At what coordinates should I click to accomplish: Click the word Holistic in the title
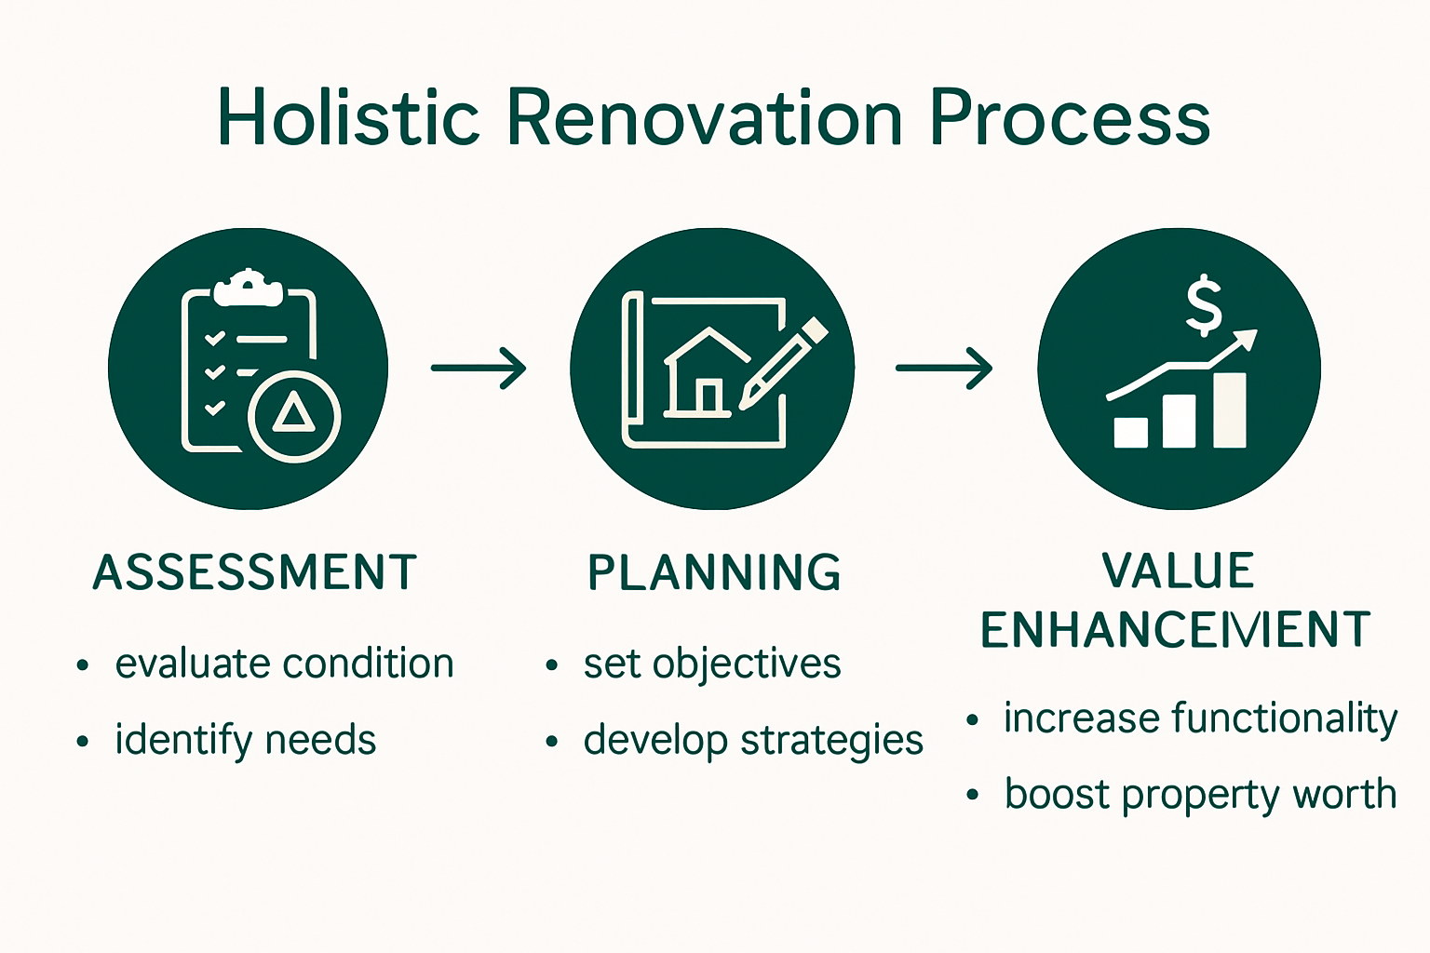pos(348,118)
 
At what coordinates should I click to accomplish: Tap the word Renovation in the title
pos(704,118)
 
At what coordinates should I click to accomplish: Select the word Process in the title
pos(1070,118)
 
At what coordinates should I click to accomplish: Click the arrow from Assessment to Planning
pos(479,369)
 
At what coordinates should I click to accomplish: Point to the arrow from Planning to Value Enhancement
pos(944,369)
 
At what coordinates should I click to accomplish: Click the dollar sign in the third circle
pos(1204,305)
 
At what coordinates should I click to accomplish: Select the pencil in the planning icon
pos(782,364)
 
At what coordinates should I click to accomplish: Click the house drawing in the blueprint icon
pos(708,373)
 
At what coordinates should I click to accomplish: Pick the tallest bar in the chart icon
pos(1230,410)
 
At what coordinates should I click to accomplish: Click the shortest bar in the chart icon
pos(1131,432)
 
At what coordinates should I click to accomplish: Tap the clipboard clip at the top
pos(248,288)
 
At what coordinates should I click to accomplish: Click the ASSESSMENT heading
pos(255,572)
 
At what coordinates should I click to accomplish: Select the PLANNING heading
pos(714,572)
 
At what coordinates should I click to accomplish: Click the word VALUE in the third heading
pos(1178,571)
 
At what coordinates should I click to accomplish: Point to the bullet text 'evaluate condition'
pos(284,664)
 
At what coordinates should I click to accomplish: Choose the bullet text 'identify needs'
pos(245,741)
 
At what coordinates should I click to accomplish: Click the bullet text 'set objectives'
pos(712,664)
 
